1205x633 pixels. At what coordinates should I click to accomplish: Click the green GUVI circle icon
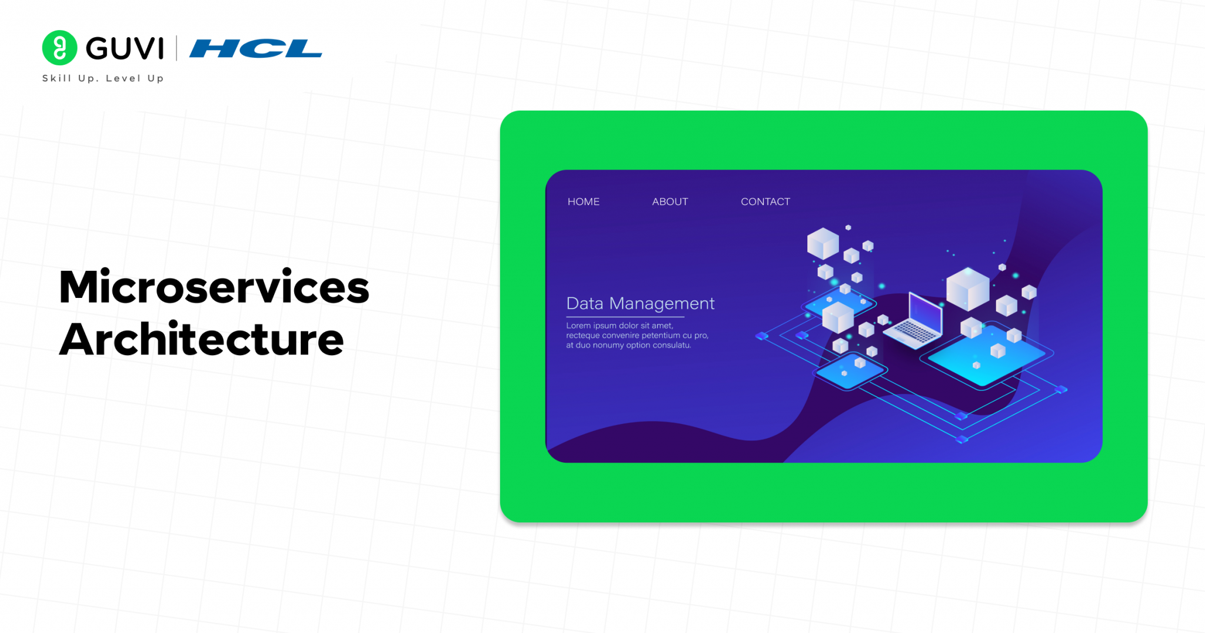pos(59,48)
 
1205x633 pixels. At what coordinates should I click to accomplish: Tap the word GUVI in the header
pos(125,48)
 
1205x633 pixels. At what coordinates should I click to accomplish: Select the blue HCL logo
pos(256,48)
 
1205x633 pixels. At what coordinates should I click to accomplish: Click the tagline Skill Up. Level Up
pos(103,78)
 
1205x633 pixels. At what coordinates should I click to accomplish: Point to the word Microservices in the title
pos(214,287)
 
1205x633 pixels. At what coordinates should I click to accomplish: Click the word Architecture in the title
pos(201,339)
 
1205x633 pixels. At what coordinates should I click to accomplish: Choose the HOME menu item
pos(584,201)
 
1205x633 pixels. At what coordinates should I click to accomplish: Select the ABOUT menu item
pos(670,201)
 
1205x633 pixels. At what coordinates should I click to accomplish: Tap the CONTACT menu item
pos(765,201)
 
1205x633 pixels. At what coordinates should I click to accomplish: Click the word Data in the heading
pos(585,303)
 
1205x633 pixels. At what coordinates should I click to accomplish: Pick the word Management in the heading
pos(662,304)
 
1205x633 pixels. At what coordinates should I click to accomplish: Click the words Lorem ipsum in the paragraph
pos(591,326)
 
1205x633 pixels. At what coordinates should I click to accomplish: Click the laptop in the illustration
pos(915,321)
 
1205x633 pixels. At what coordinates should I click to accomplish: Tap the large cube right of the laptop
pos(967,289)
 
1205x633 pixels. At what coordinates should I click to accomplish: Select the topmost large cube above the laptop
pos(823,243)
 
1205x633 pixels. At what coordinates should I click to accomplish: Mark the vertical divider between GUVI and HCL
pos(177,48)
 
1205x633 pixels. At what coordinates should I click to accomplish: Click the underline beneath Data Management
pos(625,317)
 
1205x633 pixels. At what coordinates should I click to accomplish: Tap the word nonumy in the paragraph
pos(608,345)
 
